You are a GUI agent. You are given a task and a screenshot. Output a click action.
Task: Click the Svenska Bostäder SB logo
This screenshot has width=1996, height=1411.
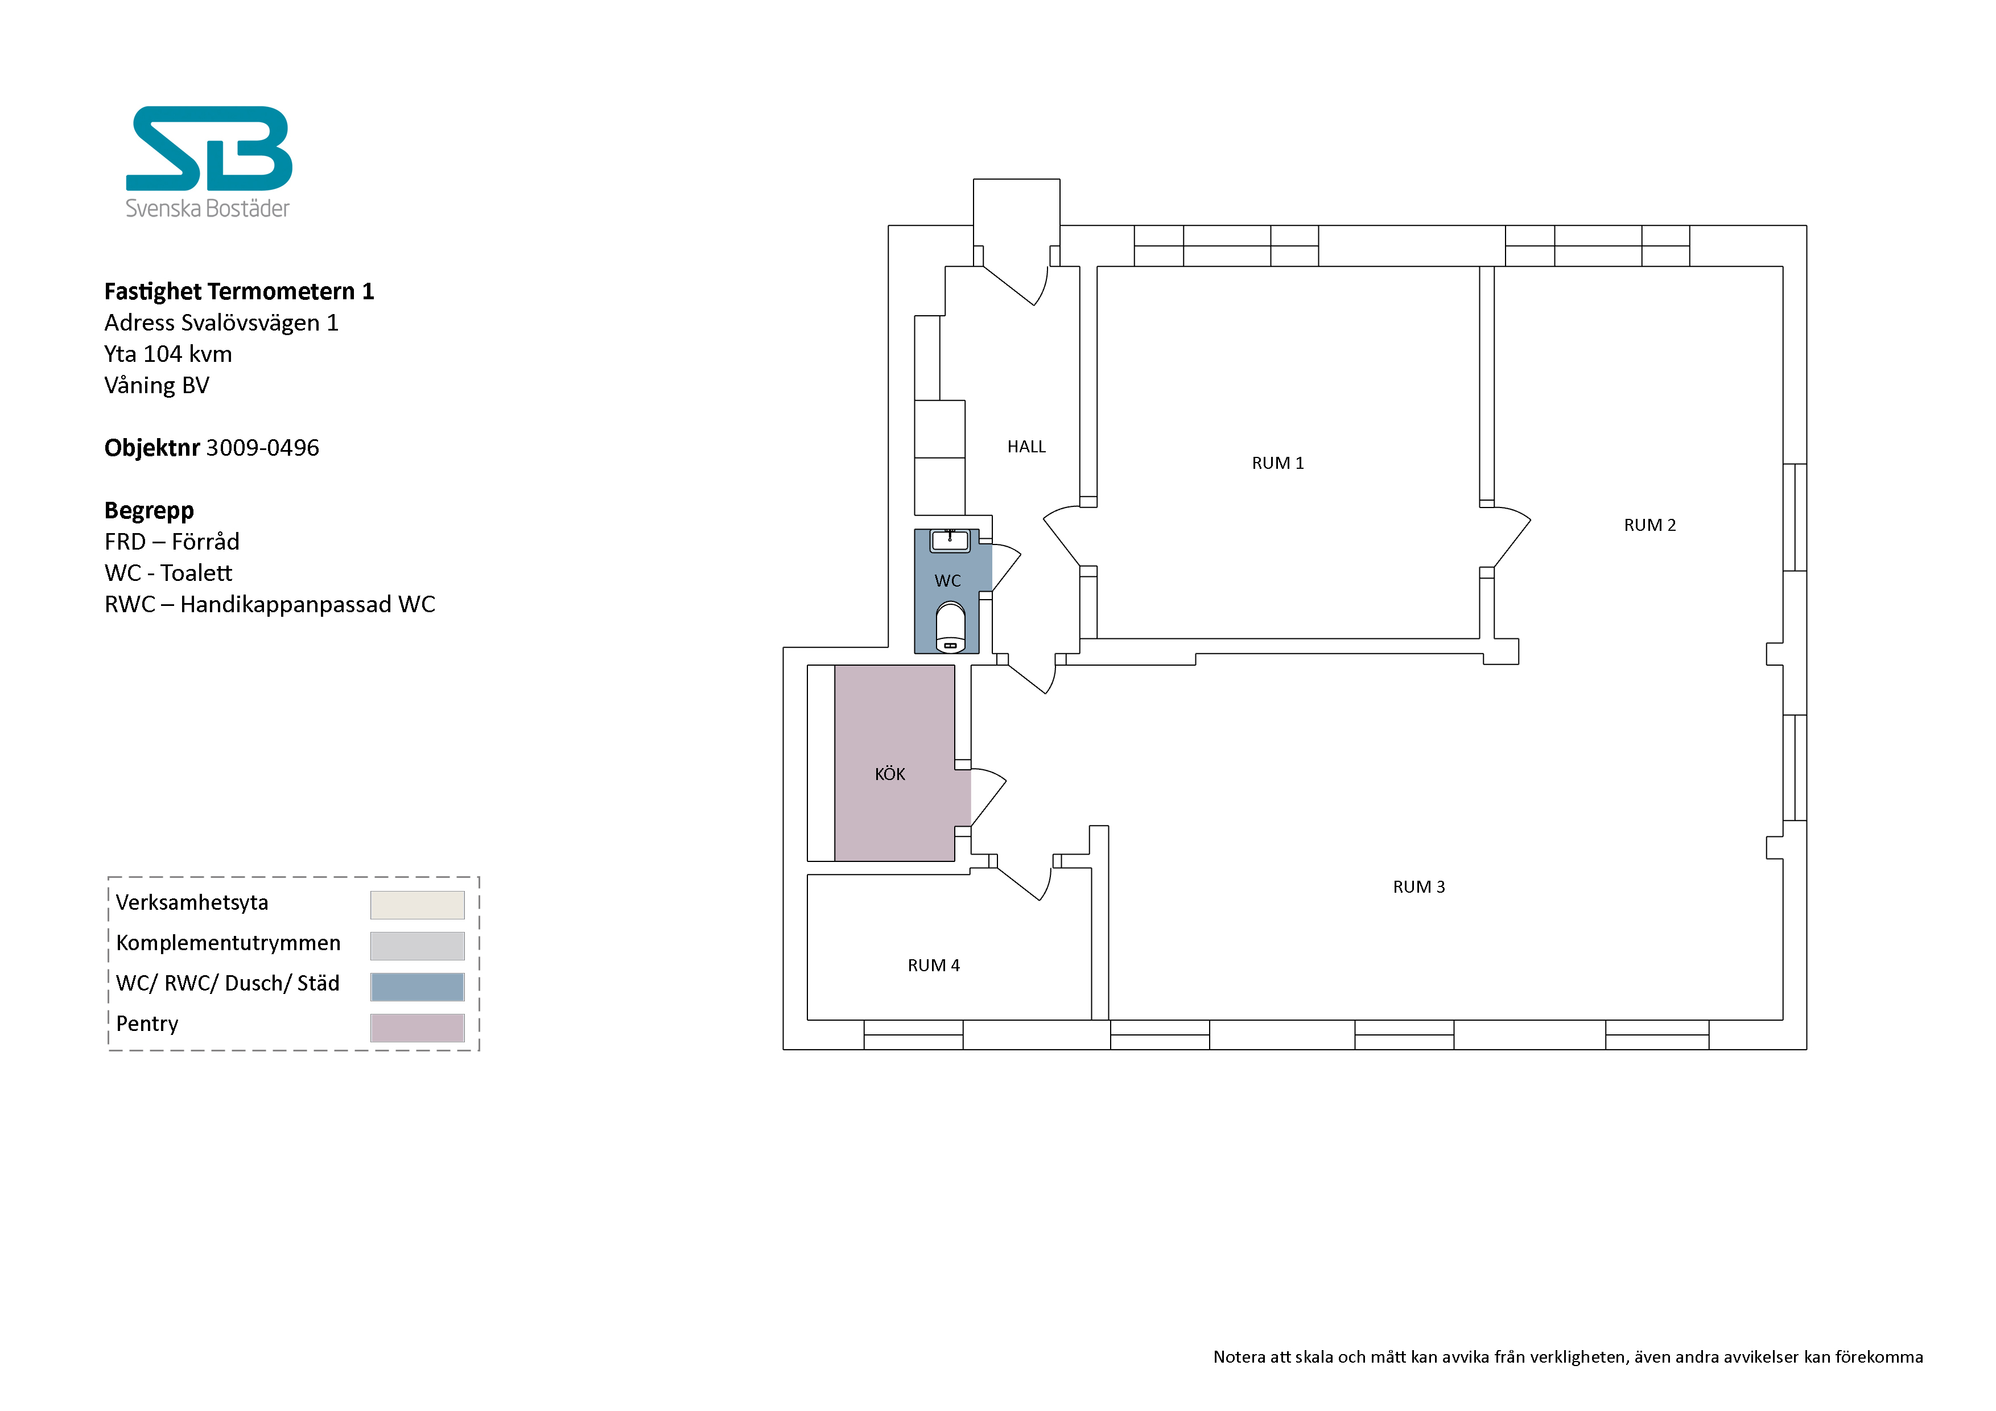209,162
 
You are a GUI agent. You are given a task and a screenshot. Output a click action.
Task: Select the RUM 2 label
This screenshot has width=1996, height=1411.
1649,525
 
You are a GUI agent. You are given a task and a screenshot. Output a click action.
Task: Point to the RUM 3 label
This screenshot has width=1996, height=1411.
1418,887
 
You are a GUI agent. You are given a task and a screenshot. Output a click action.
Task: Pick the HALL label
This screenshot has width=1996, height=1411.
1026,447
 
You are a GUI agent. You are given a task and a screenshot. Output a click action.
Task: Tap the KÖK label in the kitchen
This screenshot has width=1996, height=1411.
889,774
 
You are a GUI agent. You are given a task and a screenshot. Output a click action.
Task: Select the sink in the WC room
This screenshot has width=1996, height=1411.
950,541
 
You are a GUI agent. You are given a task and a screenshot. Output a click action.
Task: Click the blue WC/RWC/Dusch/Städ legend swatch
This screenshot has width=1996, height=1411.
417,987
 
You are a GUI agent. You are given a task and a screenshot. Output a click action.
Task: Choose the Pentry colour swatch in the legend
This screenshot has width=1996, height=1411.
417,1028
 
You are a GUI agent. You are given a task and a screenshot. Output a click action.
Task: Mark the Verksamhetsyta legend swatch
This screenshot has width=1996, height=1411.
417,905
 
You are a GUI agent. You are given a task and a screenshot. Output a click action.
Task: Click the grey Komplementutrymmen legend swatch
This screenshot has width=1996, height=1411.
417,946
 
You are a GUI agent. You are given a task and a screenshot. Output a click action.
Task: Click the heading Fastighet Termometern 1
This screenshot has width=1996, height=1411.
239,291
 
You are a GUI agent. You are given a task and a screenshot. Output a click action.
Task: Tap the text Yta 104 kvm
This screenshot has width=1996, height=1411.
168,354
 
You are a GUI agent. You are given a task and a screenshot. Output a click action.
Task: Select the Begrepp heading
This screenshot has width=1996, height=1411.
149,510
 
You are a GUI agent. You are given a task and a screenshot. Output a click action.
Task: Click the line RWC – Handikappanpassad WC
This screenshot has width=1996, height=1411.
270,604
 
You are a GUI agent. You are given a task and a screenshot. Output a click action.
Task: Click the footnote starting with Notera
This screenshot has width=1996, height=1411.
1568,1357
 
